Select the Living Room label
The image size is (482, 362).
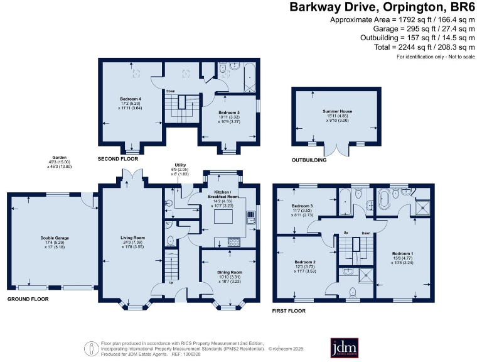(132, 237)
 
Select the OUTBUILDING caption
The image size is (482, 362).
(310, 160)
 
